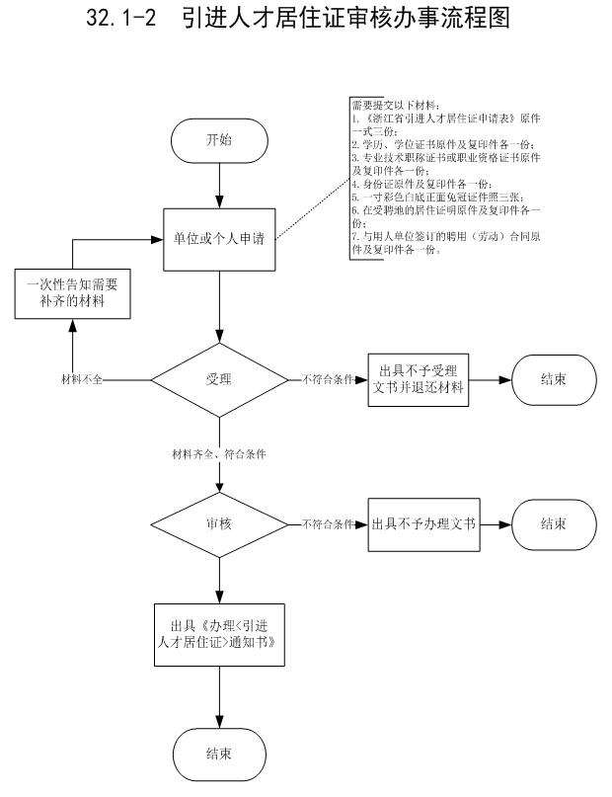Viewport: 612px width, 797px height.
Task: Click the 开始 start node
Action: pos(218,140)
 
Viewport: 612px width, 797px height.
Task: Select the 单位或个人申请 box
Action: pos(218,240)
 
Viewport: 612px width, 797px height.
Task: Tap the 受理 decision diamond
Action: pos(218,379)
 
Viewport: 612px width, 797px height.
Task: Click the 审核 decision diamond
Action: pos(218,523)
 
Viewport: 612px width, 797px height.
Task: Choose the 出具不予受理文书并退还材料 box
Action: pos(419,379)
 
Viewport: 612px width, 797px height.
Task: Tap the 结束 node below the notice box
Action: pos(218,755)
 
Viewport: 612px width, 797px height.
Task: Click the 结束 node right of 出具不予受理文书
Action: pos(553,379)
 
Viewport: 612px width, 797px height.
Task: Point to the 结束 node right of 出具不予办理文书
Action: pos(553,523)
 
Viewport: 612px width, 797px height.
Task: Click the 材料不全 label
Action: pos(82,379)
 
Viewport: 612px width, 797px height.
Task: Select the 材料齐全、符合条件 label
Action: pos(219,454)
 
